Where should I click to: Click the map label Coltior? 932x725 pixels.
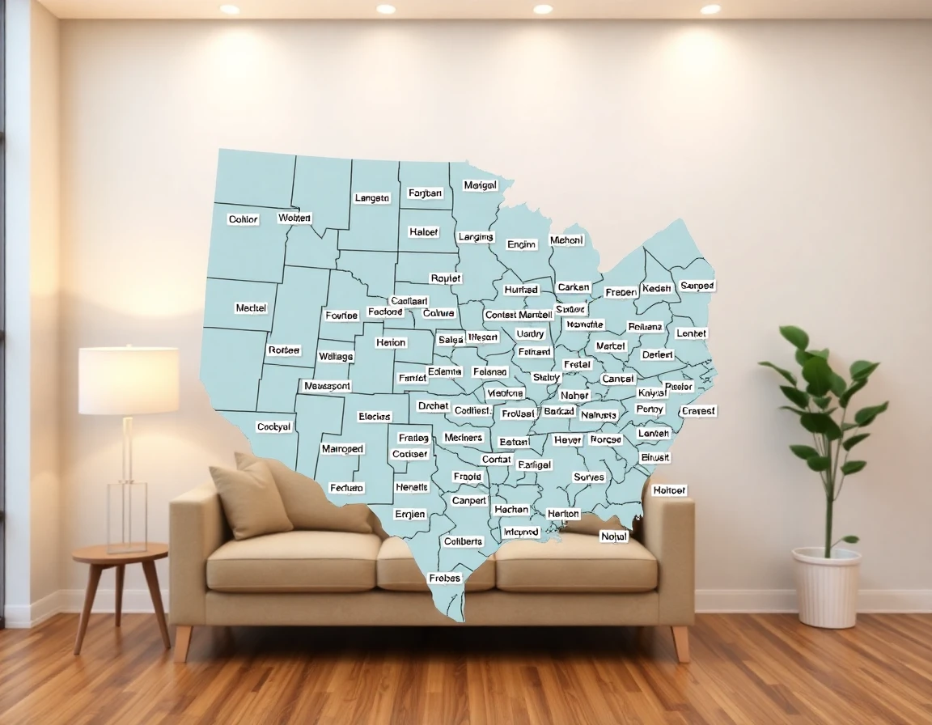tap(243, 219)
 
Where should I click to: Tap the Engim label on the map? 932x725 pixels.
tap(521, 244)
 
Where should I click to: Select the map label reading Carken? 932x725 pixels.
tap(574, 287)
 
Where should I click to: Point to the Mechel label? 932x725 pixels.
tap(251, 308)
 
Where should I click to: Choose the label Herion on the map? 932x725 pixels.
tap(391, 342)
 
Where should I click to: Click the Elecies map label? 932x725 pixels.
tap(374, 417)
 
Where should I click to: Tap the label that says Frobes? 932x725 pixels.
tap(444, 578)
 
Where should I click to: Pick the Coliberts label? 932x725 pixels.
tap(463, 541)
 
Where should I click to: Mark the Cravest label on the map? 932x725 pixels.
tap(698, 411)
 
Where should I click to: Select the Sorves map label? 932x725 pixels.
tap(588, 477)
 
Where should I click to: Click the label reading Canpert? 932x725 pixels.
tap(469, 501)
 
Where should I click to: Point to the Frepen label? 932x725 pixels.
tap(621, 292)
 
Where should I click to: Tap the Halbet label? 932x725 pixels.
tap(424, 232)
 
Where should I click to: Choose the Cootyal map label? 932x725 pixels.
tap(273, 426)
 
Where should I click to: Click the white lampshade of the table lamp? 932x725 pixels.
tap(129, 380)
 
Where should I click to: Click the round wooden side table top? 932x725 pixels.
tap(120, 554)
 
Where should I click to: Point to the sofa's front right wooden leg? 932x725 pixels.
tap(681, 643)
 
